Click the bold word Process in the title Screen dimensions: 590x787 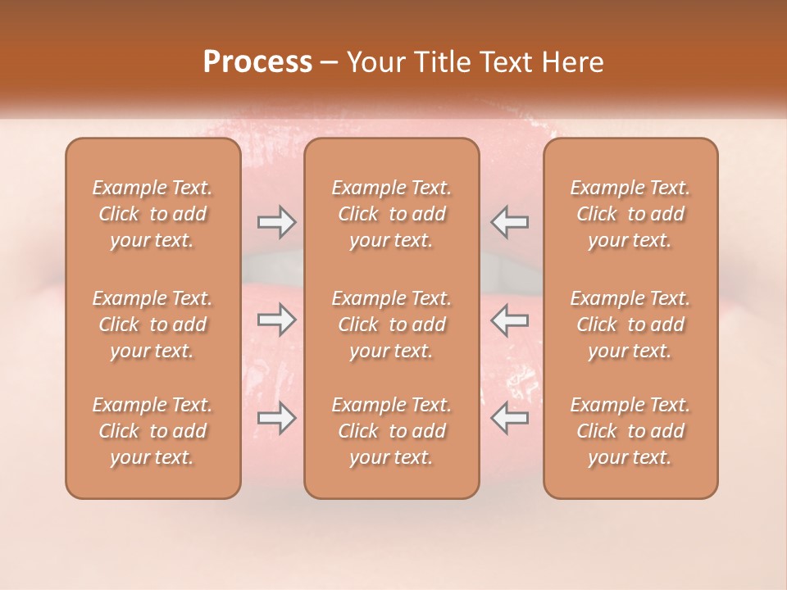[257, 62]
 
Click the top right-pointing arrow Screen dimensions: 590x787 [276, 221]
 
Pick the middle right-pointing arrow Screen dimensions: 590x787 [276, 320]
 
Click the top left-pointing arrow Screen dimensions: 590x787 [510, 221]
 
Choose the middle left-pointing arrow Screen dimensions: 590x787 [510, 320]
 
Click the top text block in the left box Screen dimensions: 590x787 [152, 214]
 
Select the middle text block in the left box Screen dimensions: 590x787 [152, 324]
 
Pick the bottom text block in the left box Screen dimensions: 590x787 [152, 431]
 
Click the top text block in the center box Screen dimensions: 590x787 [392, 214]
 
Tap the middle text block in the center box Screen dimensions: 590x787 [392, 324]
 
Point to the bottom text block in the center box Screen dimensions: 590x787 [392, 431]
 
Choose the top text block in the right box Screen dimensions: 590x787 [630, 214]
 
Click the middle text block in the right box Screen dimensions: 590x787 [630, 324]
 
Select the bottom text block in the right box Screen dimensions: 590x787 [630, 431]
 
